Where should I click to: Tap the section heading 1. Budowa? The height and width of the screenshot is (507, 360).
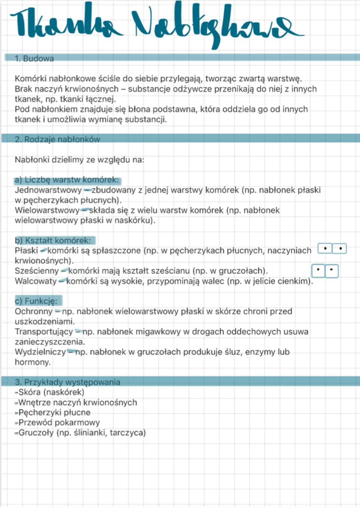pyautogui.click(x=34, y=59)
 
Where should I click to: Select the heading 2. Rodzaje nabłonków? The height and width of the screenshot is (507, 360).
pyautogui.click(x=57, y=139)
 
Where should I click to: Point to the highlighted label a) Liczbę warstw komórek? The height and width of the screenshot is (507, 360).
pyautogui.click(x=67, y=180)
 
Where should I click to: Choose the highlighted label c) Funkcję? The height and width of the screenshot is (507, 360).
pyautogui.click(x=36, y=301)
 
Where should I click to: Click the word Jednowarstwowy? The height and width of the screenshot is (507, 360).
pyautogui.click(x=48, y=190)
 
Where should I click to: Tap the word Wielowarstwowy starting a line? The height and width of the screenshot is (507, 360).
pyautogui.click(x=47, y=211)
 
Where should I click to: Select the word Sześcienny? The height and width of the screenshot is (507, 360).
pyautogui.click(x=37, y=271)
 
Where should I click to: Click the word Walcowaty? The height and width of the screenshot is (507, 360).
pyautogui.click(x=36, y=281)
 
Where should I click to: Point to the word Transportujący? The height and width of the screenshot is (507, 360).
pyautogui.click(x=44, y=332)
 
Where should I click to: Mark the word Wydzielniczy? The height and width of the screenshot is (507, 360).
pyautogui.click(x=40, y=352)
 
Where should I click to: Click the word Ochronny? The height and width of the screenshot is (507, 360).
pyautogui.click(x=33, y=311)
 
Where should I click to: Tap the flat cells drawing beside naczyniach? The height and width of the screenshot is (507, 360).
pyautogui.click(x=332, y=249)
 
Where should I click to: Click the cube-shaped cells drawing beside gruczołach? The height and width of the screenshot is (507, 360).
pyautogui.click(x=325, y=271)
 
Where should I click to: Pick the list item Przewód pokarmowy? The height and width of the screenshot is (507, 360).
pyautogui.click(x=59, y=423)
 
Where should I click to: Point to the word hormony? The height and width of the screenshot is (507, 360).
pyautogui.click(x=32, y=362)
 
